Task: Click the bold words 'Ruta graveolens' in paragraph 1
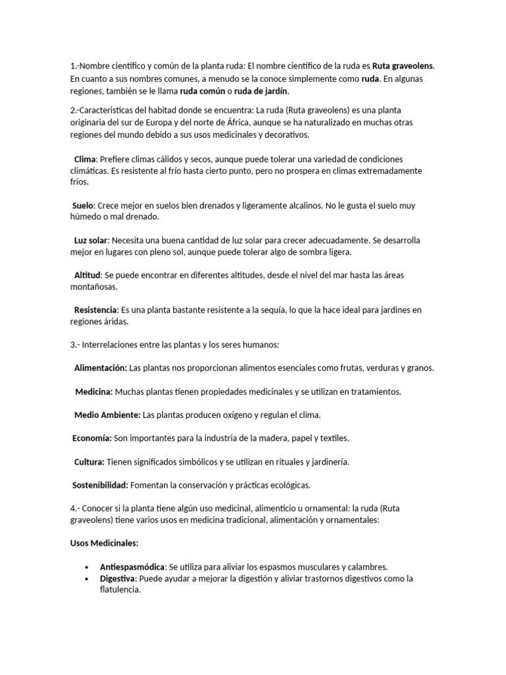point(403,66)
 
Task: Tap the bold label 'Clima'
point(85,160)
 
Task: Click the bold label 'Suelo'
point(83,206)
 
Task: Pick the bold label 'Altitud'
point(88,275)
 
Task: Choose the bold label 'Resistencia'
point(96,309)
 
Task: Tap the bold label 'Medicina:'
point(94,392)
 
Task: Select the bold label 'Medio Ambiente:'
point(107,415)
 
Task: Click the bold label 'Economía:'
point(92,438)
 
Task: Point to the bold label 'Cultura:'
point(89,461)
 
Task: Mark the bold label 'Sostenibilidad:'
point(100,485)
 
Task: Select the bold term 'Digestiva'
point(117,579)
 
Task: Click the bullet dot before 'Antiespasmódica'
point(87,567)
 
